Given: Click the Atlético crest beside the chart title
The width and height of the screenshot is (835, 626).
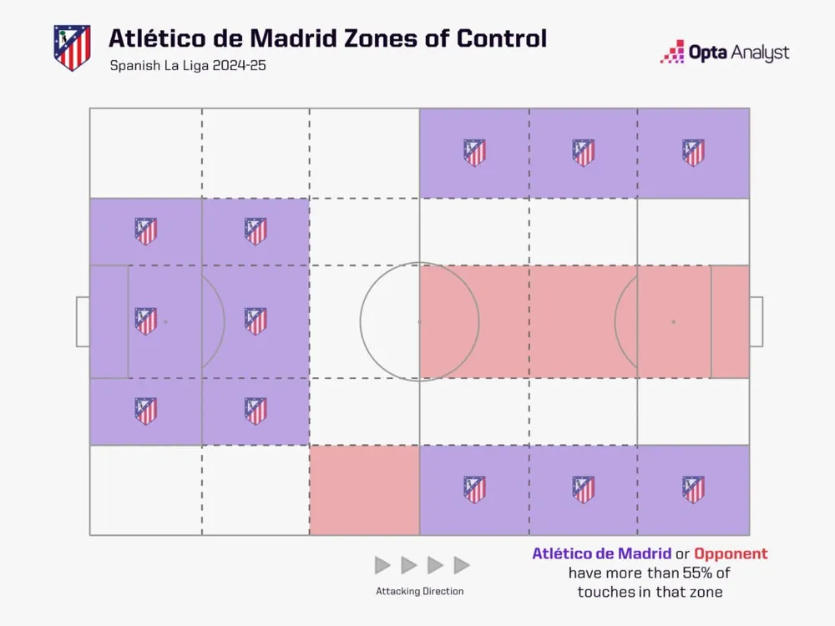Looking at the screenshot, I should [x=71, y=48].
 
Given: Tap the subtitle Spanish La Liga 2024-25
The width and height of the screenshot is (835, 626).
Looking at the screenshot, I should [x=187, y=66].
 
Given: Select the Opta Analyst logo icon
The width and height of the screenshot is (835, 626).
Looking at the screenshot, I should [x=673, y=53].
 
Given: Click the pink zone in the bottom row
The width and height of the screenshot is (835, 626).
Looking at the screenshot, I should [x=364, y=490].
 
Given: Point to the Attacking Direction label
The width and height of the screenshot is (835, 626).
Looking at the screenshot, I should [x=419, y=591].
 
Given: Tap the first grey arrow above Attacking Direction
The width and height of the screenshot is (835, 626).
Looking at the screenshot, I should [x=382, y=565].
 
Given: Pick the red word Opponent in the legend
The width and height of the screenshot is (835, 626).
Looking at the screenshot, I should [x=731, y=553].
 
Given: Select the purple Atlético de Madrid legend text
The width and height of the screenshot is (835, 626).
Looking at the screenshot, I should [x=601, y=553].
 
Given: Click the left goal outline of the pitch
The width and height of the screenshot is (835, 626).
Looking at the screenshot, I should [x=83, y=321].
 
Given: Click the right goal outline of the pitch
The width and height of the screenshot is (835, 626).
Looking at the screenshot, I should [x=756, y=321].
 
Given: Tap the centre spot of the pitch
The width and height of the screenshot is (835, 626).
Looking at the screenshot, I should [x=419, y=321].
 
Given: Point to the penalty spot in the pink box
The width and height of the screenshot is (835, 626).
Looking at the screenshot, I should [x=673, y=321].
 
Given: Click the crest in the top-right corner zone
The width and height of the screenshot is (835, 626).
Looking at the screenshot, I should [x=693, y=153].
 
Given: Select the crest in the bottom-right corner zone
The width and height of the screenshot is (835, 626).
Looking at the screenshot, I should [x=693, y=489].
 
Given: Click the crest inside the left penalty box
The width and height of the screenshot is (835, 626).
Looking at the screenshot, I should [x=146, y=321].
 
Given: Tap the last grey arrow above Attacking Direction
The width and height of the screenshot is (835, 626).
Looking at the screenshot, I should [x=462, y=565].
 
